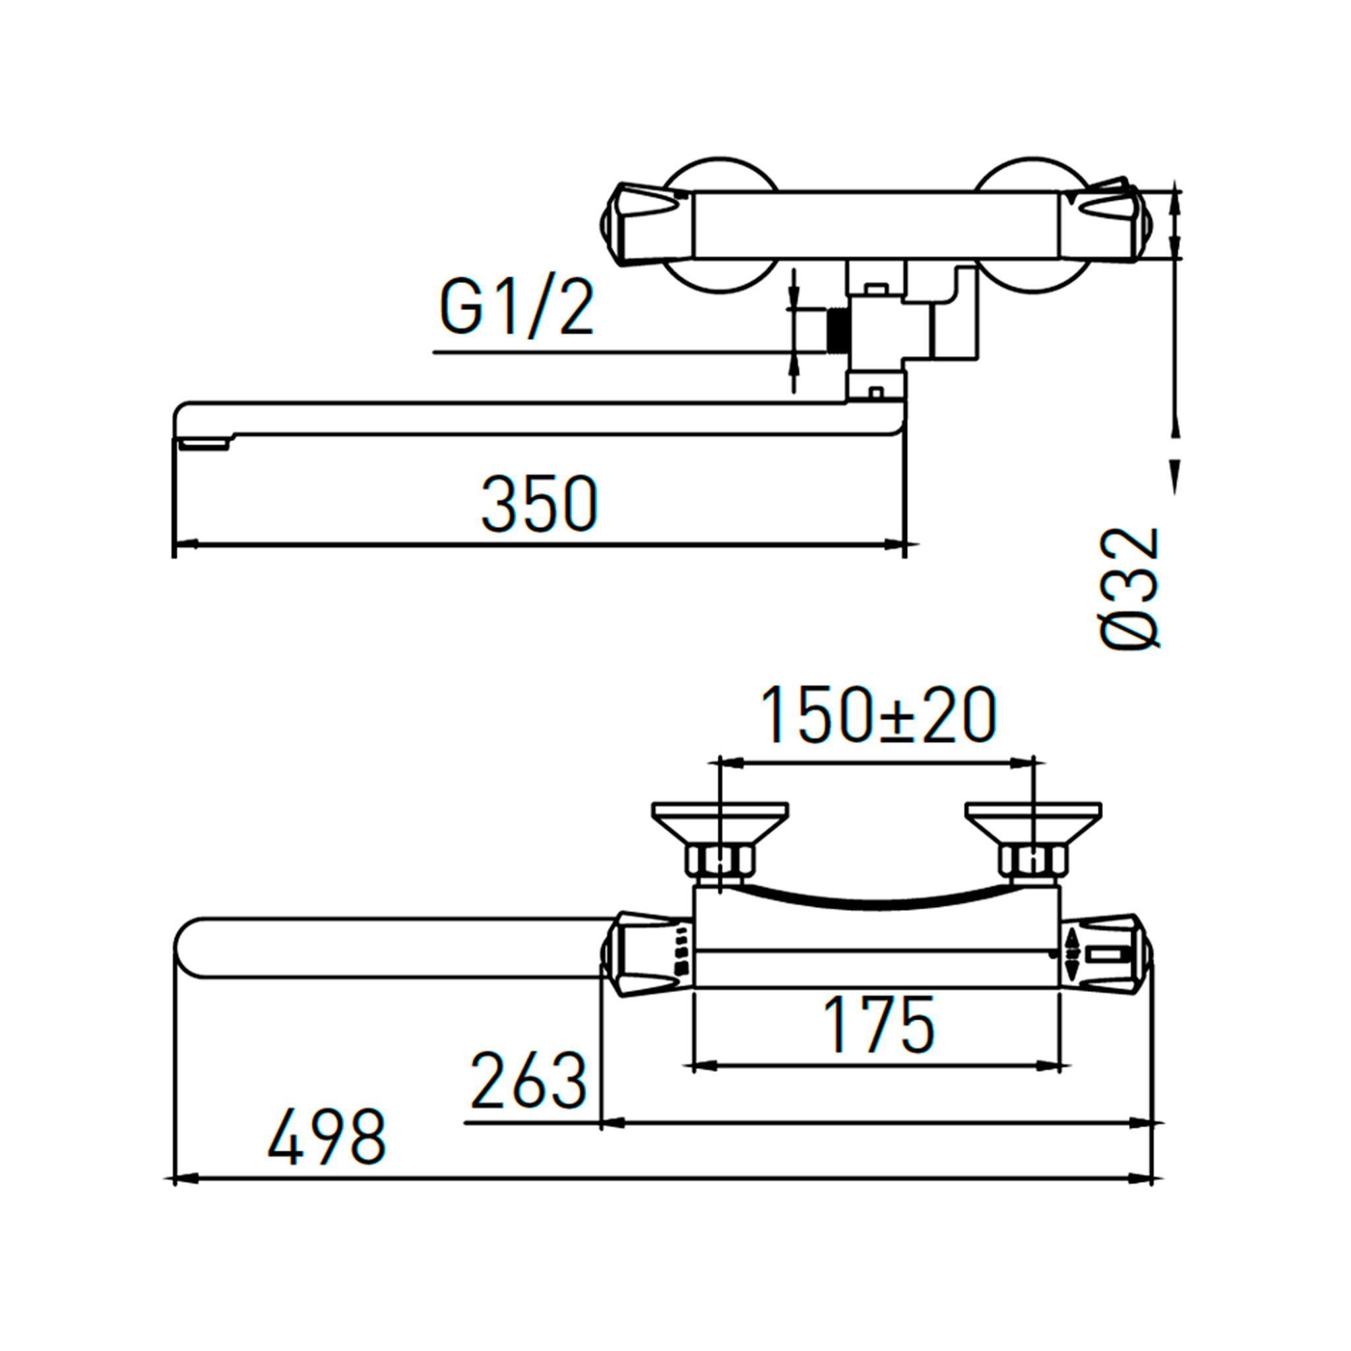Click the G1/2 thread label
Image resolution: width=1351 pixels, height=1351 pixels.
click(x=517, y=306)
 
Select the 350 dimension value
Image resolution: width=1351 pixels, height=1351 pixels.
click(x=540, y=503)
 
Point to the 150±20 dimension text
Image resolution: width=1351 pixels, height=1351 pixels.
click(x=878, y=714)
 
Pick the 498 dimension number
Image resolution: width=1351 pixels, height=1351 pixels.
click(x=327, y=1137)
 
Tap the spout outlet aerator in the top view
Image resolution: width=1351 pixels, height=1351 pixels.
click(x=204, y=444)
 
